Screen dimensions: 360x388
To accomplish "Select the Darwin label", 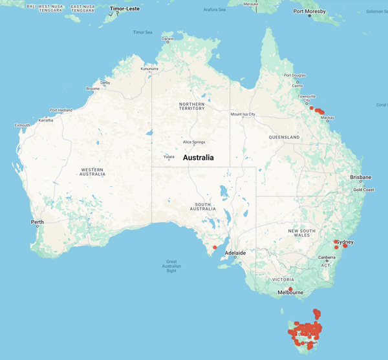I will (168, 39).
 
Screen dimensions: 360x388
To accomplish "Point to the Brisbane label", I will (360, 177).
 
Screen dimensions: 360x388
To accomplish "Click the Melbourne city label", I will (290, 293).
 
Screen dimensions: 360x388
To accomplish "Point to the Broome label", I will (92, 89).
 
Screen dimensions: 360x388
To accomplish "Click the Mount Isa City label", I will (243, 114).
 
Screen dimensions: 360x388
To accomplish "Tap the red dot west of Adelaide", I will (215, 246).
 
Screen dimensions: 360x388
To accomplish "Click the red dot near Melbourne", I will (291, 288).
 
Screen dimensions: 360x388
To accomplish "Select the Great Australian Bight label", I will (171, 266).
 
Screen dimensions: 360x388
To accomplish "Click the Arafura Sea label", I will (214, 10).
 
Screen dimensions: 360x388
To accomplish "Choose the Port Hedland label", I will (60, 110).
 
